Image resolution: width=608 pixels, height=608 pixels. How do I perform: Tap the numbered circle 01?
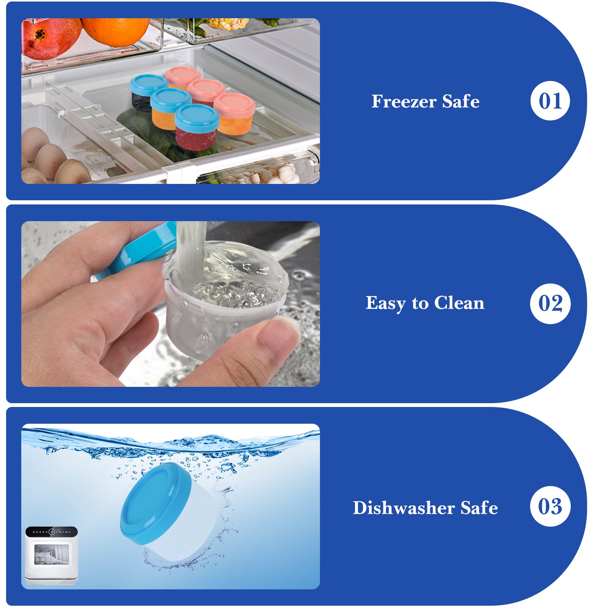(x=550, y=101)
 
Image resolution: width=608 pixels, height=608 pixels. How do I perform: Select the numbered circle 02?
(x=550, y=304)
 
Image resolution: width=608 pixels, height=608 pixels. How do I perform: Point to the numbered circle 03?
(x=550, y=506)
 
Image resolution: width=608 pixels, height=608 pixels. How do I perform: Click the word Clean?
(x=459, y=303)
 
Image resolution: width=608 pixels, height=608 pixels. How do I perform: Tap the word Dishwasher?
(x=404, y=508)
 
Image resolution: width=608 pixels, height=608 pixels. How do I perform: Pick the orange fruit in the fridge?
(x=116, y=31)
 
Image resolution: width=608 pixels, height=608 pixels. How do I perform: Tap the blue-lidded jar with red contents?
(x=196, y=127)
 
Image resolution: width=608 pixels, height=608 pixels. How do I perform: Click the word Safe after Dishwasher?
(x=479, y=508)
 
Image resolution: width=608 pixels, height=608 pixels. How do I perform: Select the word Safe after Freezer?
(x=461, y=101)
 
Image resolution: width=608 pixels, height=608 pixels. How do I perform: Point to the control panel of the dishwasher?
(x=51, y=531)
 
